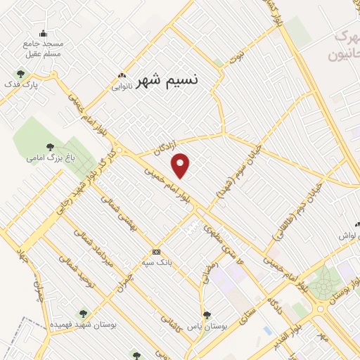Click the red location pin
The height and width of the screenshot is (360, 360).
tap(181, 165)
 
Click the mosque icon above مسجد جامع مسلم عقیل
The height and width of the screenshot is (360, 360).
tap(43, 33)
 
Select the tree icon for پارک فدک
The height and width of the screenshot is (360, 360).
tap(20, 73)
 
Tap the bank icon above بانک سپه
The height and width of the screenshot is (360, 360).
tap(156, 252)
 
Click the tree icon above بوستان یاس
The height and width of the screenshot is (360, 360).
tap(206, 316)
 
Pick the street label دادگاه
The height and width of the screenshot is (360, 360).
tap(275, 303)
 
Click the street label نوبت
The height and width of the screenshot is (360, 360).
tap(240, 54)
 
